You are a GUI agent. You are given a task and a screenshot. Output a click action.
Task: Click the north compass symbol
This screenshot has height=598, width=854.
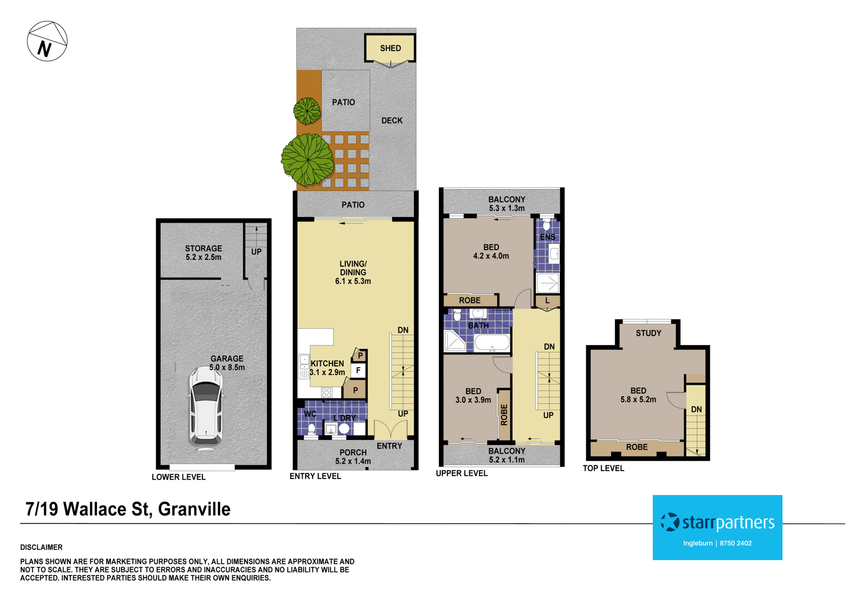(47, 42)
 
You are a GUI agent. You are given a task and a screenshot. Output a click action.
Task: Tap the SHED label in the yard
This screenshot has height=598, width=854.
(390, 49)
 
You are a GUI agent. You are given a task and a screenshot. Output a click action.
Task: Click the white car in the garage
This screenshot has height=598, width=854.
(205, 406)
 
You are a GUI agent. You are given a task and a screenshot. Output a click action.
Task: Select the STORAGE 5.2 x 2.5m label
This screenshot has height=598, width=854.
(203, 253)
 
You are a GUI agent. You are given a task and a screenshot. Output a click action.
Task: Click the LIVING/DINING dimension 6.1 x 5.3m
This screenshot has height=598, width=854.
(353, 281)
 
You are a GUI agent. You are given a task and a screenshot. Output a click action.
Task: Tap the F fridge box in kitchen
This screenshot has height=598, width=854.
(358, 370)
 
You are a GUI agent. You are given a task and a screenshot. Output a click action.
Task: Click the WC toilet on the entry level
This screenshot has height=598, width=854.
(311, 428)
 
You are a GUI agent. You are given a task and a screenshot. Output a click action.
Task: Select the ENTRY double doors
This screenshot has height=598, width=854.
(391, 430)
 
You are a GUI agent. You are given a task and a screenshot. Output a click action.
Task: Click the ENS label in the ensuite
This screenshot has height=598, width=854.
(548, 237)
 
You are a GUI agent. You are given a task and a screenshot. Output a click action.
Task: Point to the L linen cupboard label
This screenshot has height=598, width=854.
(547, 301)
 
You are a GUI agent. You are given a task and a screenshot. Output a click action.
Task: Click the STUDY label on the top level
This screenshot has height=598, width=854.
(649, 333)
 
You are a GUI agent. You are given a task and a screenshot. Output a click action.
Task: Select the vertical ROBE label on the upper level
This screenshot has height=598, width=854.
(504, 414)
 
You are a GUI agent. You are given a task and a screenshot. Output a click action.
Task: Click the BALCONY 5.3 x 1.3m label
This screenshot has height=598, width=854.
(507, 204)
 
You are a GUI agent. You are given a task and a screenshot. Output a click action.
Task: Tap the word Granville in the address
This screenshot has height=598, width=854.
(194, 509)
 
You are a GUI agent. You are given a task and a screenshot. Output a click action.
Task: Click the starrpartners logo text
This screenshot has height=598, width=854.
(728, 522)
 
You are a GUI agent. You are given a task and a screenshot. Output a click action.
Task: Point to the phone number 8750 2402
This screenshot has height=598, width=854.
(736, 544)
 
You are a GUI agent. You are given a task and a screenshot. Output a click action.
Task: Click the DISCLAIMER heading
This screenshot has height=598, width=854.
(41, 547)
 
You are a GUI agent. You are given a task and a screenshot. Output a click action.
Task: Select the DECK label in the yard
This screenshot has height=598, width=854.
(392, 121)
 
